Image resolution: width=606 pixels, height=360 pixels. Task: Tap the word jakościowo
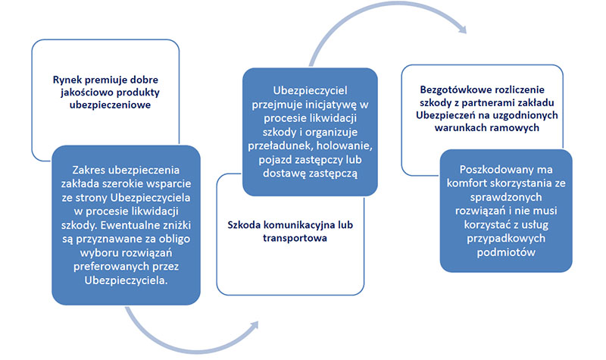tap(85, 92)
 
